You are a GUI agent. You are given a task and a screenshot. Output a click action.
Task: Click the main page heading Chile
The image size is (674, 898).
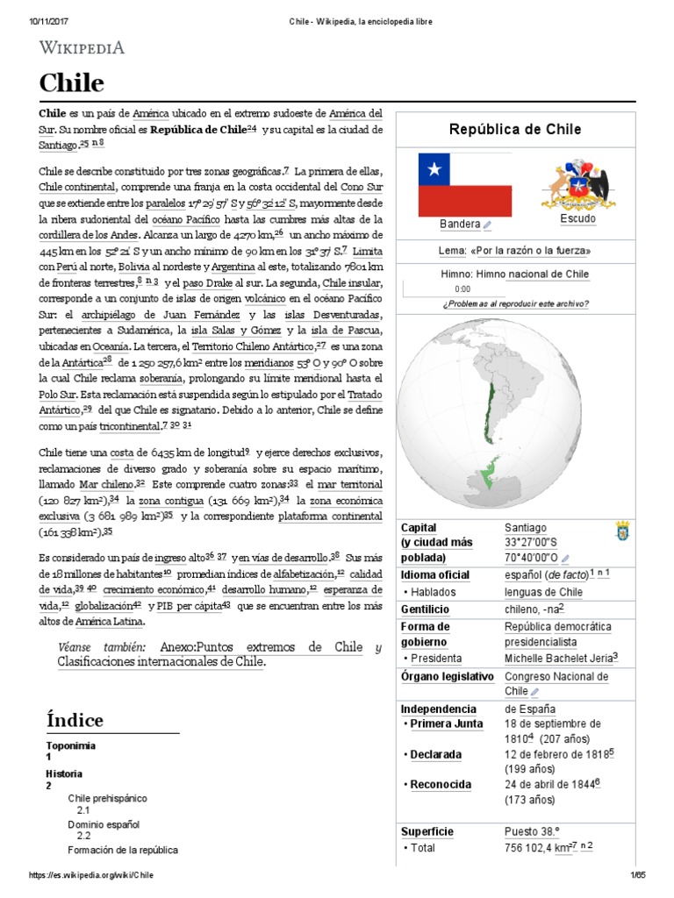(x=71, y=84)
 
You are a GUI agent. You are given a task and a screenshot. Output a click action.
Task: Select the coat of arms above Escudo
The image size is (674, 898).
(x=577, y=184)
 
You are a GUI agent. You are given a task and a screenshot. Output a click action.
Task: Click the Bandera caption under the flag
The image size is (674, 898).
(x=460, y=224)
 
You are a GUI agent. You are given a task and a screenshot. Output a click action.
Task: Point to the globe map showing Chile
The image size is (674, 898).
(x=514, y=417)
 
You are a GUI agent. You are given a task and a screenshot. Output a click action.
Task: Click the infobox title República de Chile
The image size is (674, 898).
(x=514, y=130)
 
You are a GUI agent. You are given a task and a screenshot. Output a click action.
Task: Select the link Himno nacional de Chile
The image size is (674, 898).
(x=533, y=274)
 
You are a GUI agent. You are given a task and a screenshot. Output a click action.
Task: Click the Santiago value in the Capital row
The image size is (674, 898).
(x=525, y=528)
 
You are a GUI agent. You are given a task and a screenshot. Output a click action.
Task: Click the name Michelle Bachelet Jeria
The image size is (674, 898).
(x=558, y=657)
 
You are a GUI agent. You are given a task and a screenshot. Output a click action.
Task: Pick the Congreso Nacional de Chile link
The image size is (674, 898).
(x=556, y=677)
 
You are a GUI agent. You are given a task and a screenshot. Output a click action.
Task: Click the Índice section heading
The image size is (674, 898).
(x=75, y=720)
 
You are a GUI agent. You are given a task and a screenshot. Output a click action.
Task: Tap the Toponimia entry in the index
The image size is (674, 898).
(x=70, y=745)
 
